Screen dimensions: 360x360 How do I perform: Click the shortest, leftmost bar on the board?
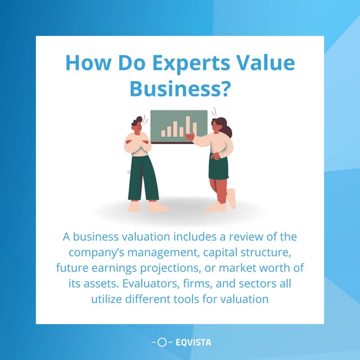tap(163, 134)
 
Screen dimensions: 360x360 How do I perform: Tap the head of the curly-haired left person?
tap(137, 124)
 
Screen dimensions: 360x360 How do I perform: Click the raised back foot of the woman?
tap(231, 198)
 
